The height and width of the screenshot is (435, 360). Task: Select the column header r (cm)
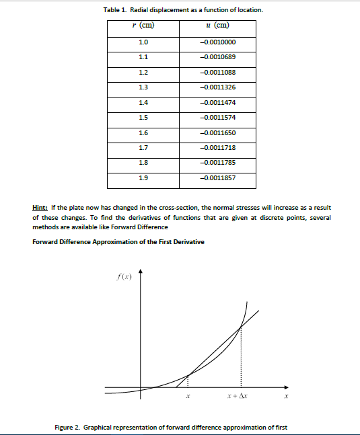coord(143,27)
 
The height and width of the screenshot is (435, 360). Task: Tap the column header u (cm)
coord(217,27)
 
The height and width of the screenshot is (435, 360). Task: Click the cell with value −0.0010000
coord(217,43)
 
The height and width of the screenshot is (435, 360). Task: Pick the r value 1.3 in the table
coord(143,87)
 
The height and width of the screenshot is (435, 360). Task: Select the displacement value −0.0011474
coord(217,102)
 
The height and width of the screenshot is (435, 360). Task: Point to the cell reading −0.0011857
coord(217,177)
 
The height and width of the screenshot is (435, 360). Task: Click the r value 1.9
coord(143,177)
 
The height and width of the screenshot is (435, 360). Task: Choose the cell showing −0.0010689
coord(217,58)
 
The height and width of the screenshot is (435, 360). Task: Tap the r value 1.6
coord(143,132)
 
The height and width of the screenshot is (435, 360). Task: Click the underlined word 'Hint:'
coord(41,208)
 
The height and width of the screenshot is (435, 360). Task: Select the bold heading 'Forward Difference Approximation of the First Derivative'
coord(118,241)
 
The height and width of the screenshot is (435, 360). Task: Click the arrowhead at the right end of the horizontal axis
coord(290,387)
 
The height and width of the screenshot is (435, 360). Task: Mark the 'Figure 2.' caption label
coord(68,427)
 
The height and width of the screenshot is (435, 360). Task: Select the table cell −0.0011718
coord(217,147)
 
